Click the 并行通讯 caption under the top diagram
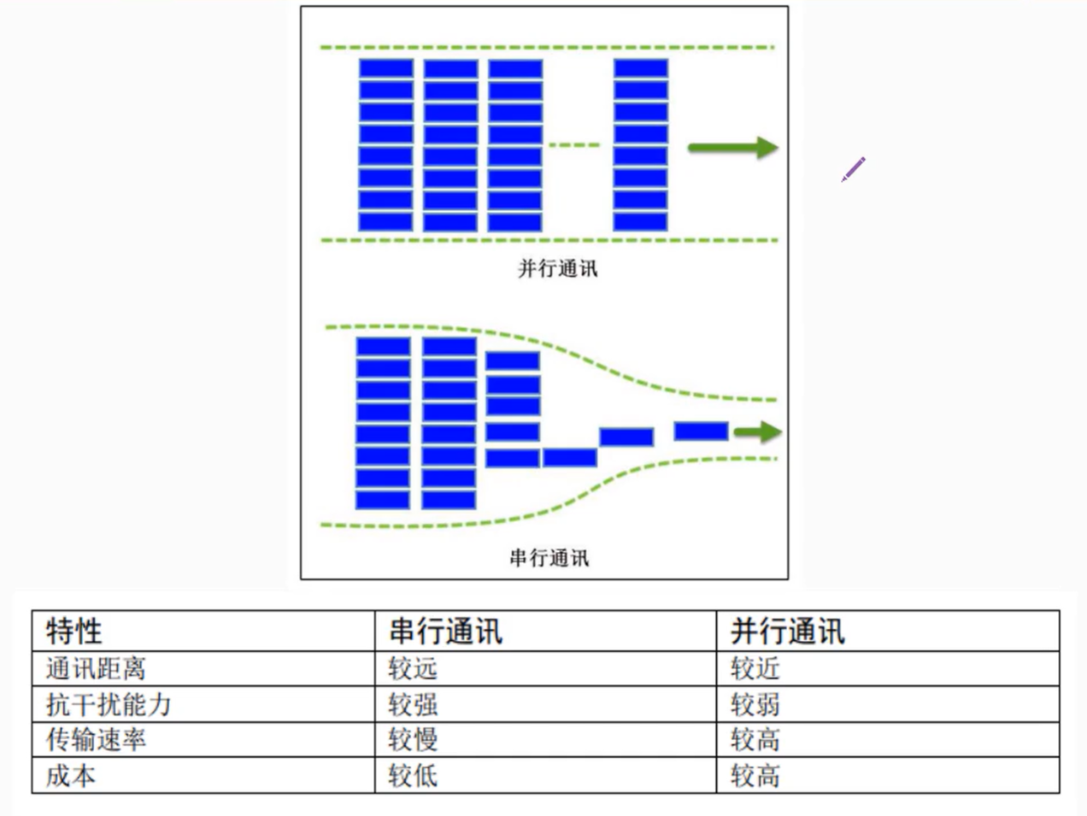[x=557, y=268]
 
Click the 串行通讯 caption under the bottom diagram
[x=549, y=558]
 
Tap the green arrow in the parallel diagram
[x=732, y=148]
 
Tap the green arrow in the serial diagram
[x=757, y=431]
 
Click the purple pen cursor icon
[x=853, y=169]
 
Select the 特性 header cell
[x=74, y=631]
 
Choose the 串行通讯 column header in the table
[x=445, y=631]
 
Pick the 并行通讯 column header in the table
[x=787, y=631]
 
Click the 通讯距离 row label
[x=96, y=668]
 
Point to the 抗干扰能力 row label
[x=109, y=704]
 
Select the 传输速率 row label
[x=96, y=739]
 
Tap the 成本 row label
[x=71, y=775]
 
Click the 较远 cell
[x=413, y=668]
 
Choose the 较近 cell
[x=755, y=668]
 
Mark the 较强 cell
[x=413, y=704]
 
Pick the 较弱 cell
[x=755, y=704]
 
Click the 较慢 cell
[x=413, y=739]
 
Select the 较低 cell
[x=413, y=775]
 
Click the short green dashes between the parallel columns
[x=574, y=145]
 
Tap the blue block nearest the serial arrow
[x=701, y=431]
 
